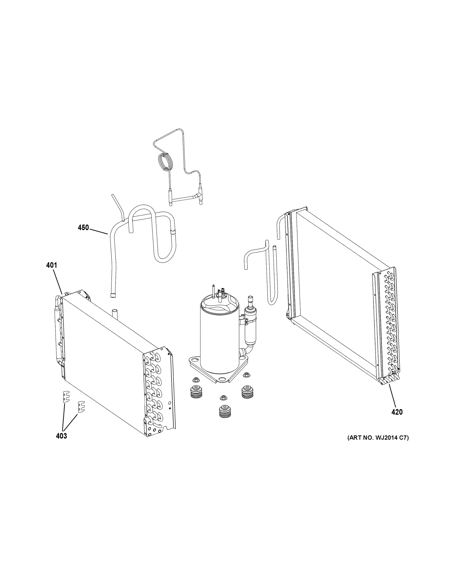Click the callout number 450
click(83, 228)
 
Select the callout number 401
click(51, 266)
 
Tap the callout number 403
click(61, 436)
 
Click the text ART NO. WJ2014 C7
click(378, 438)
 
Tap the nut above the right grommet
click(245, 374)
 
